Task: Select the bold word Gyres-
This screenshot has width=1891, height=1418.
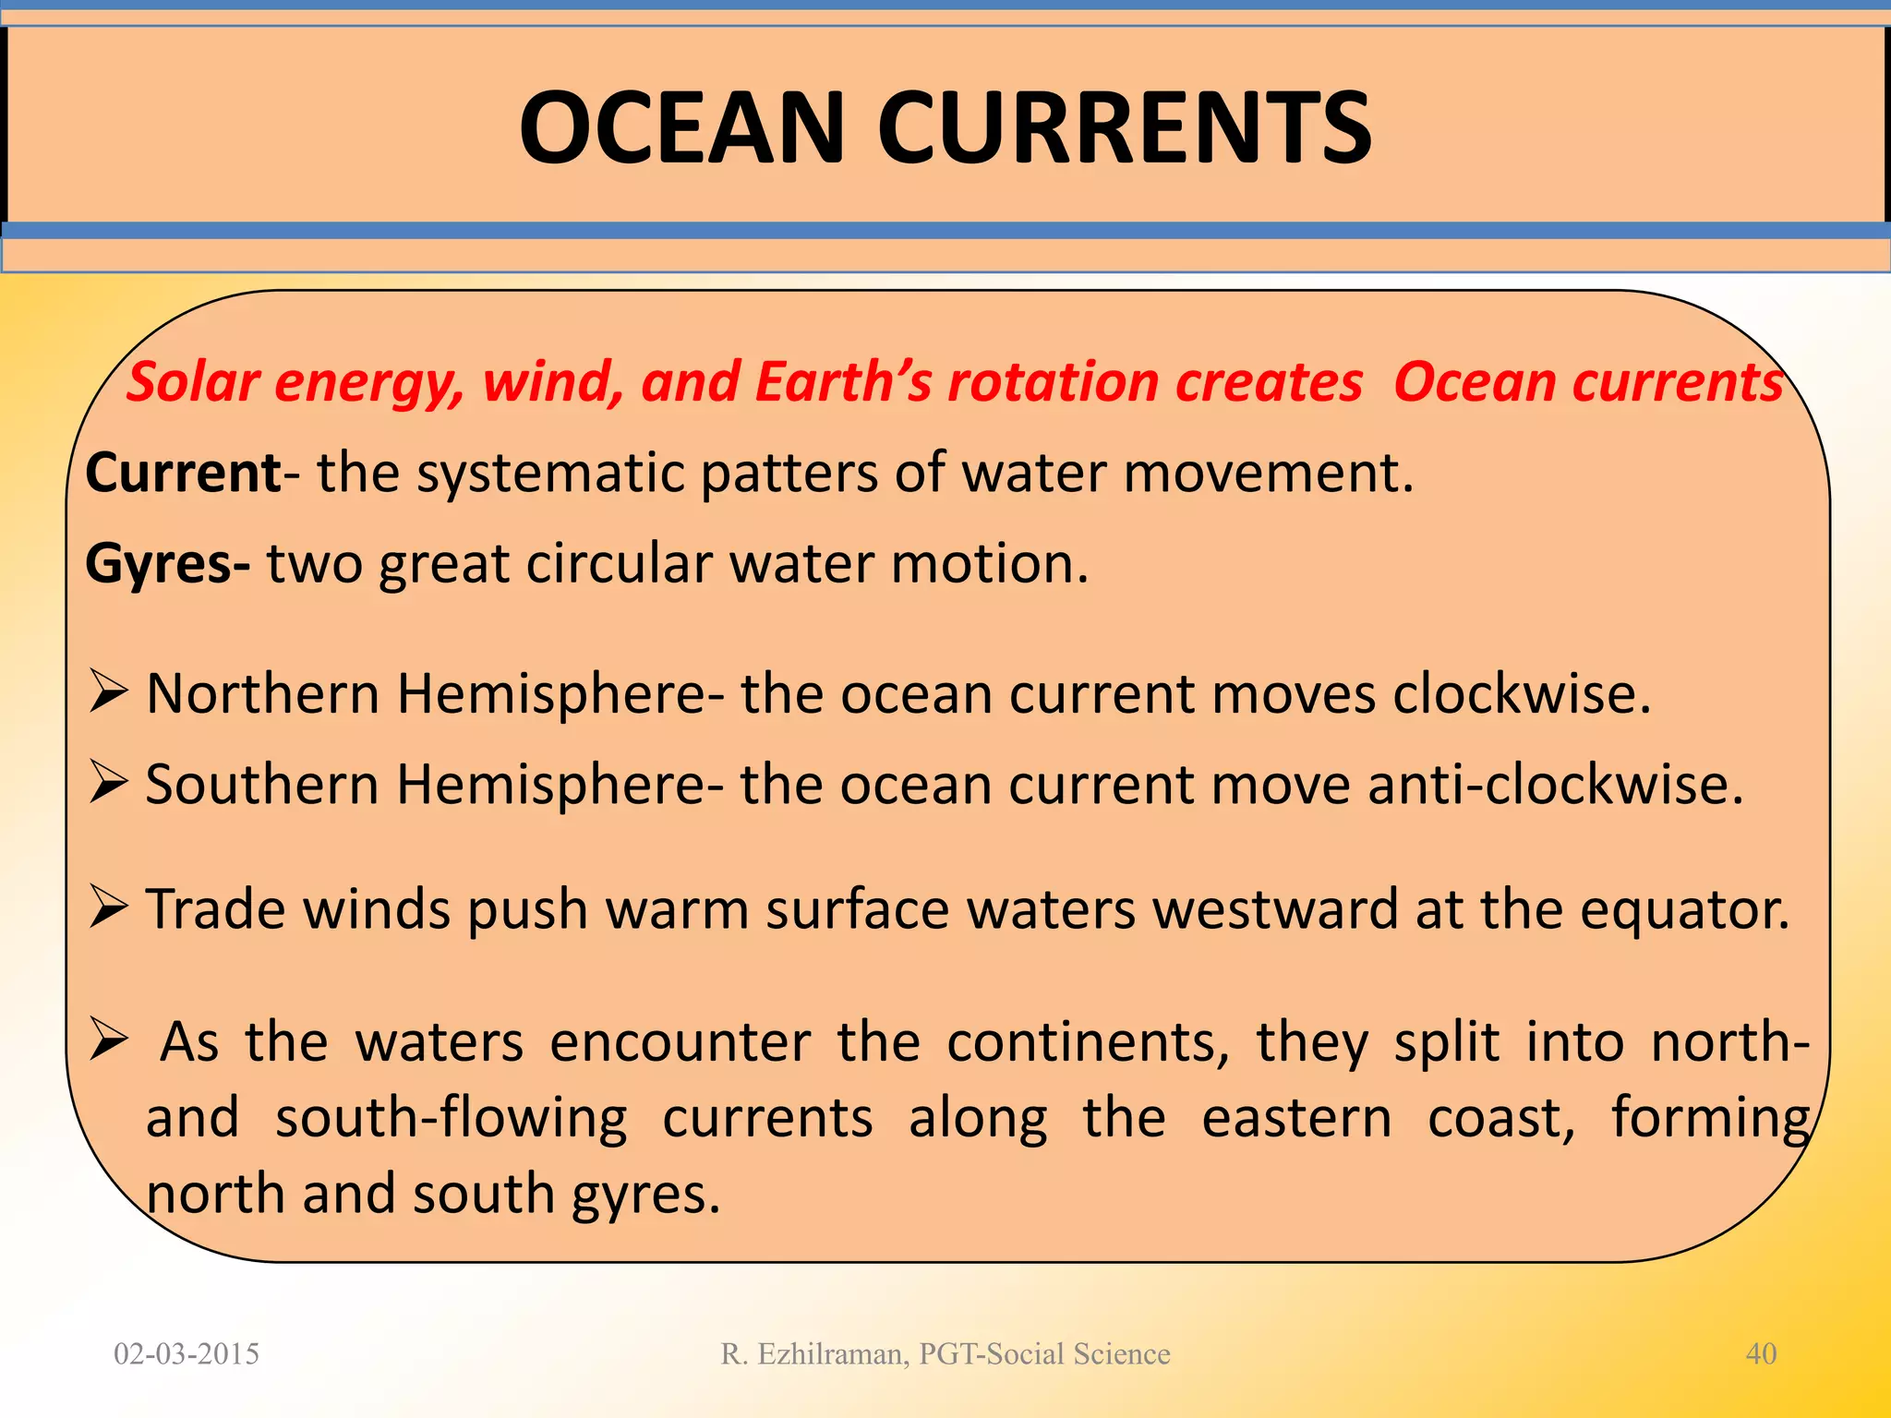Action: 167,563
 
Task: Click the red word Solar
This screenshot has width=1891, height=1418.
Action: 192,381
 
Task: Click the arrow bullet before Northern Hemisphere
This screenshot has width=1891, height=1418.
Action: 108,692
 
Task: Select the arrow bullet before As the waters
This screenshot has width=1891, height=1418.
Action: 108,1040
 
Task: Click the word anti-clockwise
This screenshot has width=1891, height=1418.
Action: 1555,785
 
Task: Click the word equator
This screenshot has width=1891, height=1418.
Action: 1684,909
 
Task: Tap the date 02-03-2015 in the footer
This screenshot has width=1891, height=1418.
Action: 187,1353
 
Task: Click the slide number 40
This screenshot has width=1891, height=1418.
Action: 1761,1353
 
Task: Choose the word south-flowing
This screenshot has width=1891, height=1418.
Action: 452,1118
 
